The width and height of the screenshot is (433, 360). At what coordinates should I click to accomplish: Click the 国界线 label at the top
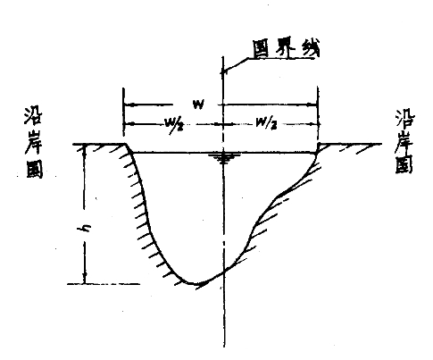(x=287, y=48)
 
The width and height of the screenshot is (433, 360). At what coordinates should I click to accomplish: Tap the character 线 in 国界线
(x=310, y=48)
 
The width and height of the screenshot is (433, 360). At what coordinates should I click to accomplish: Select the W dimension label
(x=198, y=105)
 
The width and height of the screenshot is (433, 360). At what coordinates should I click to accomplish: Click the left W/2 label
(x=174, y=124)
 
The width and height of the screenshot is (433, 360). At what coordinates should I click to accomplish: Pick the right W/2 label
(x=266, y=124)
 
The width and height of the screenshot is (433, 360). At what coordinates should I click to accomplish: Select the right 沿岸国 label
(x=404, y=141)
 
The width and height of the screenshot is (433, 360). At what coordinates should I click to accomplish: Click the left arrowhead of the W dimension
(x=129, y=105)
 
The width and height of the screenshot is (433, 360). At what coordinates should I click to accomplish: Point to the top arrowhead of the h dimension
(x=85, y=147)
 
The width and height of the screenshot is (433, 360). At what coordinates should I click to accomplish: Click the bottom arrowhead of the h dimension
(x=86, y=279)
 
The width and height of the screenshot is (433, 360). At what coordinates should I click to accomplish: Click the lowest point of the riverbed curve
(x=194, y=284)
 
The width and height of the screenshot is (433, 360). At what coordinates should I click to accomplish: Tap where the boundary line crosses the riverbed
(x=223, y=272)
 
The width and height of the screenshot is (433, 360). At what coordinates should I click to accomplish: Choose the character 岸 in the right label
(x=405, y=141)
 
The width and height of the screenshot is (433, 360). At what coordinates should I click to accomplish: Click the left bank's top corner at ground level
(x=126, y=144)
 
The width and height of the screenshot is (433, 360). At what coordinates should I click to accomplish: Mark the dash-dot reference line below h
(x=104, y=284)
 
